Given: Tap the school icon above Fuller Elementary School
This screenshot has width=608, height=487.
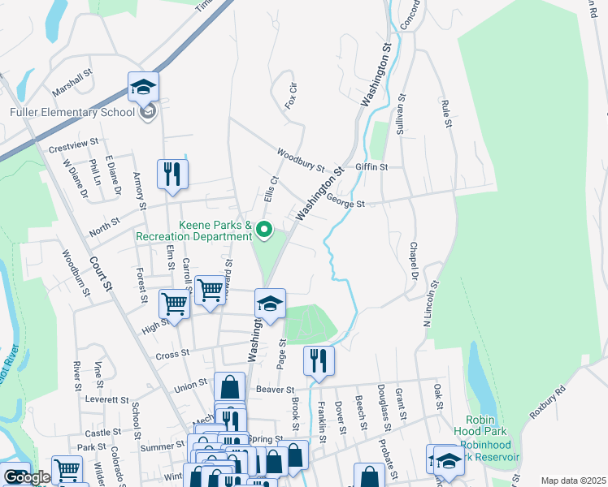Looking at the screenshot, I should [x=143, y=87].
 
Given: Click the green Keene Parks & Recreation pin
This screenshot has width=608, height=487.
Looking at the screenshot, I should [x=263, y=231].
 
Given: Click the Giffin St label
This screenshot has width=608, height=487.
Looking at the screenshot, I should [x=372, y=167].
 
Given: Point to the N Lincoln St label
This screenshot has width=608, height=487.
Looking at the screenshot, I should [x=430, y=304].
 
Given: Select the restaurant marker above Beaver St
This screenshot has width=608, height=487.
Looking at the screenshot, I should [x=319, y=361].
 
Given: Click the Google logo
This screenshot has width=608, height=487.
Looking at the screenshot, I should [x=26, y=477].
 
